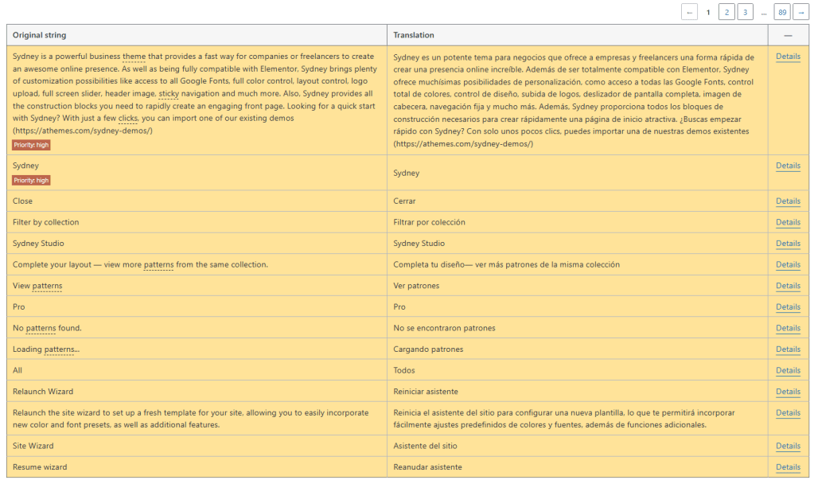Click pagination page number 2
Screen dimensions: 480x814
(x=726, y=12)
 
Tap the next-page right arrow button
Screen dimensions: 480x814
(x=800, y=12)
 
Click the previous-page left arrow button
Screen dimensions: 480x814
(x=689, y=12)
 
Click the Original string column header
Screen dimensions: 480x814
(x=40, y=35)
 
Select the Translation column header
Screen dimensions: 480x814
(x=414, y=35)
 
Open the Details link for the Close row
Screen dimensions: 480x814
(x=788, y=201)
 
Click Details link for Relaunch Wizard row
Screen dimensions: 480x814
(x=788, y=392)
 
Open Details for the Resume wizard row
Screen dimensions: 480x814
(x=788, y=467)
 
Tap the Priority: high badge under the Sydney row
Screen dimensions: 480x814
(x=31, y=181)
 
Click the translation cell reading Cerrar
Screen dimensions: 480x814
(x=404, y=201)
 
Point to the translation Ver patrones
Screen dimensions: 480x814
(x=416, y=286)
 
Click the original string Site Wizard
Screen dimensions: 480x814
(x=33, y=446)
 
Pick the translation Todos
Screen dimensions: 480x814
(x=403, y=370)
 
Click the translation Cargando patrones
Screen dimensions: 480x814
(x=428, y=349)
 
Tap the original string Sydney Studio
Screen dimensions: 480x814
(x=38, y=244)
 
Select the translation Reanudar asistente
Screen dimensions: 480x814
(x=427, y=467)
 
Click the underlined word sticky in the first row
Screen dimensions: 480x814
(x=169, y=93)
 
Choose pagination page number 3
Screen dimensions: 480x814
(x=745, y=12)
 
